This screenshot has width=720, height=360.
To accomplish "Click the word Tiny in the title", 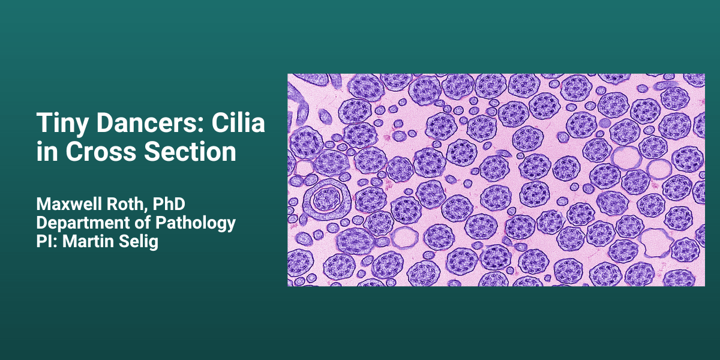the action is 62,124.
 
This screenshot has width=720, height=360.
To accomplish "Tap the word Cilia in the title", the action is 238,122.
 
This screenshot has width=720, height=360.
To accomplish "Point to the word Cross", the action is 101,151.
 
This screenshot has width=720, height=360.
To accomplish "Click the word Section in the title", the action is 190,151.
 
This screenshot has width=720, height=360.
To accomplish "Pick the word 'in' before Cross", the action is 47,151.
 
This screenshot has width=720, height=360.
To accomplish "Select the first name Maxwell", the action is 69,204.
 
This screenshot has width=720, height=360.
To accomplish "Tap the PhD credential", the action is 169,204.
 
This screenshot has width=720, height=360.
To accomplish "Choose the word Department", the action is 83,223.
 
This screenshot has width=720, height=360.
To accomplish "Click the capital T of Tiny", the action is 44,122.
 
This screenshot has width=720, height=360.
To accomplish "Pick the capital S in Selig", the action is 124,241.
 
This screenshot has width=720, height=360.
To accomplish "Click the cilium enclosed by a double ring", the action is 327,199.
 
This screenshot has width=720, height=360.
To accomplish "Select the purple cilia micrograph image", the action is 496,180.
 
